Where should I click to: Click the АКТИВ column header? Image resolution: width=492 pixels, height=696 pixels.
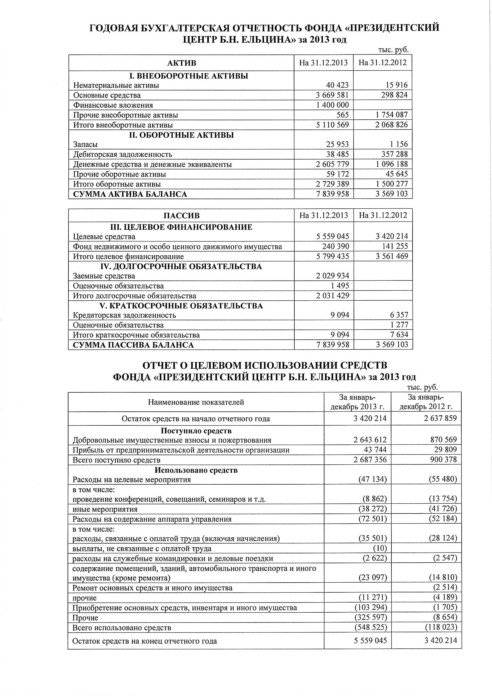pos(182,63)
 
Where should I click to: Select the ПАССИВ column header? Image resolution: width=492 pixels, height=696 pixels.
pos(182,216)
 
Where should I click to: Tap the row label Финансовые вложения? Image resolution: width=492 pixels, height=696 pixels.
pos(113,105)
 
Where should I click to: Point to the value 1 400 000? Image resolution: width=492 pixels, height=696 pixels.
pos(332,105)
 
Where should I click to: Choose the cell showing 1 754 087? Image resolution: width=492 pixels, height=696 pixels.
pos(391,115)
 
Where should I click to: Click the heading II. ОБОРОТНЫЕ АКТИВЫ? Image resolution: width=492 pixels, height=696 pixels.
pos(182,135)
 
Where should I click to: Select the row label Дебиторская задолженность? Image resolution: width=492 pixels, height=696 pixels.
pos(123,154)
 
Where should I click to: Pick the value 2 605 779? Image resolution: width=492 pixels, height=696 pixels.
pos(332,164)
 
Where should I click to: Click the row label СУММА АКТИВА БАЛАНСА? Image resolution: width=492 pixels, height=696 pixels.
pos(130,194)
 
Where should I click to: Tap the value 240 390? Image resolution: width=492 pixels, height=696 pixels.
pos(335,246)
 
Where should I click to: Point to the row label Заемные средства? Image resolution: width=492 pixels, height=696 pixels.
pos(104,276)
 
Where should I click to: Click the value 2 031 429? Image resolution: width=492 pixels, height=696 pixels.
pos(332,296)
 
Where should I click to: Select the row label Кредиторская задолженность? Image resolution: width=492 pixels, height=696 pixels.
pos(124,315)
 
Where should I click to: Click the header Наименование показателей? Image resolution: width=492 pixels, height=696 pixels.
pos(196,402)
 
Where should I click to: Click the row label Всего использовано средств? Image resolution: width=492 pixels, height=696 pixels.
pos(122,627)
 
